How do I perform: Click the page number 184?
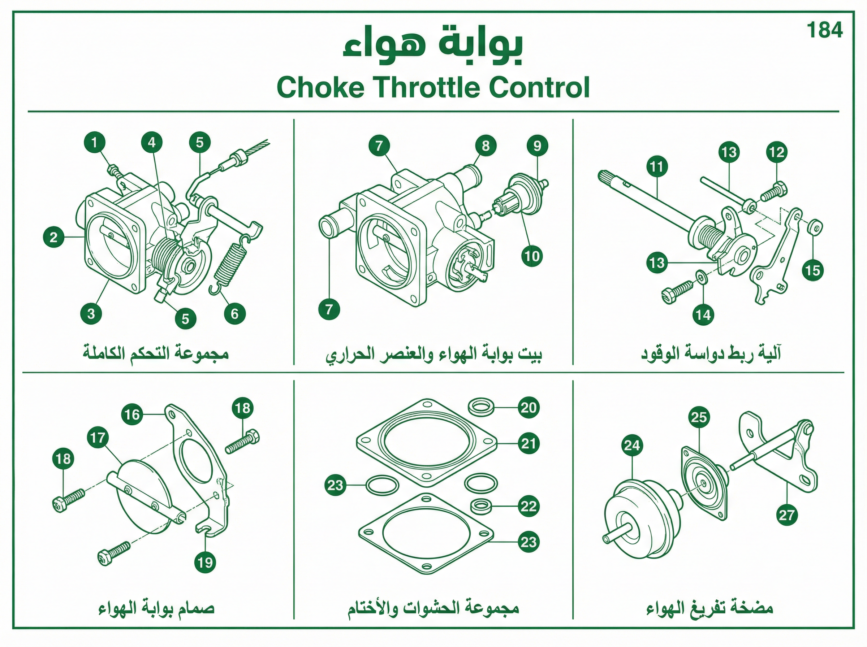(824, 30)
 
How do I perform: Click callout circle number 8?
(486, 146)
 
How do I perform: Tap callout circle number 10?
(532, 256)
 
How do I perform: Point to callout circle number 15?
(813, 270)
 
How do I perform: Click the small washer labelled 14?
(700, 277)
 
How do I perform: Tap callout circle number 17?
(98, 438)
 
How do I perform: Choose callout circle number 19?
(205, 563)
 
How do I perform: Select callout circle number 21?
(528, 443)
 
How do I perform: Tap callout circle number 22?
(528, 507)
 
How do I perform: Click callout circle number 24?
(632, 445)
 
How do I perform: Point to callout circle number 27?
(786, 514)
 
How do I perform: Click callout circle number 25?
(699, 417)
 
